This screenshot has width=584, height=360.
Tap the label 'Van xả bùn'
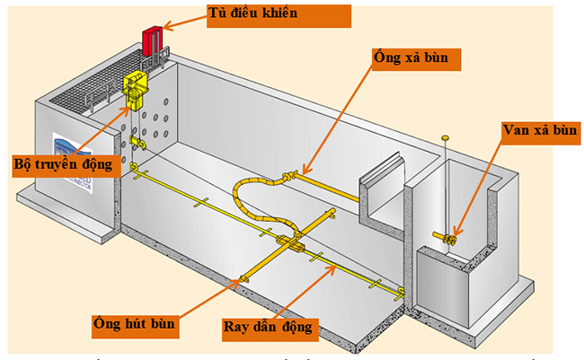(x=538, y=131)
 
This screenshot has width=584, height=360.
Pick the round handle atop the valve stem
(x=444, y=137)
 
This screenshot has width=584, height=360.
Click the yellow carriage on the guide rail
(x=292, y=241)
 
